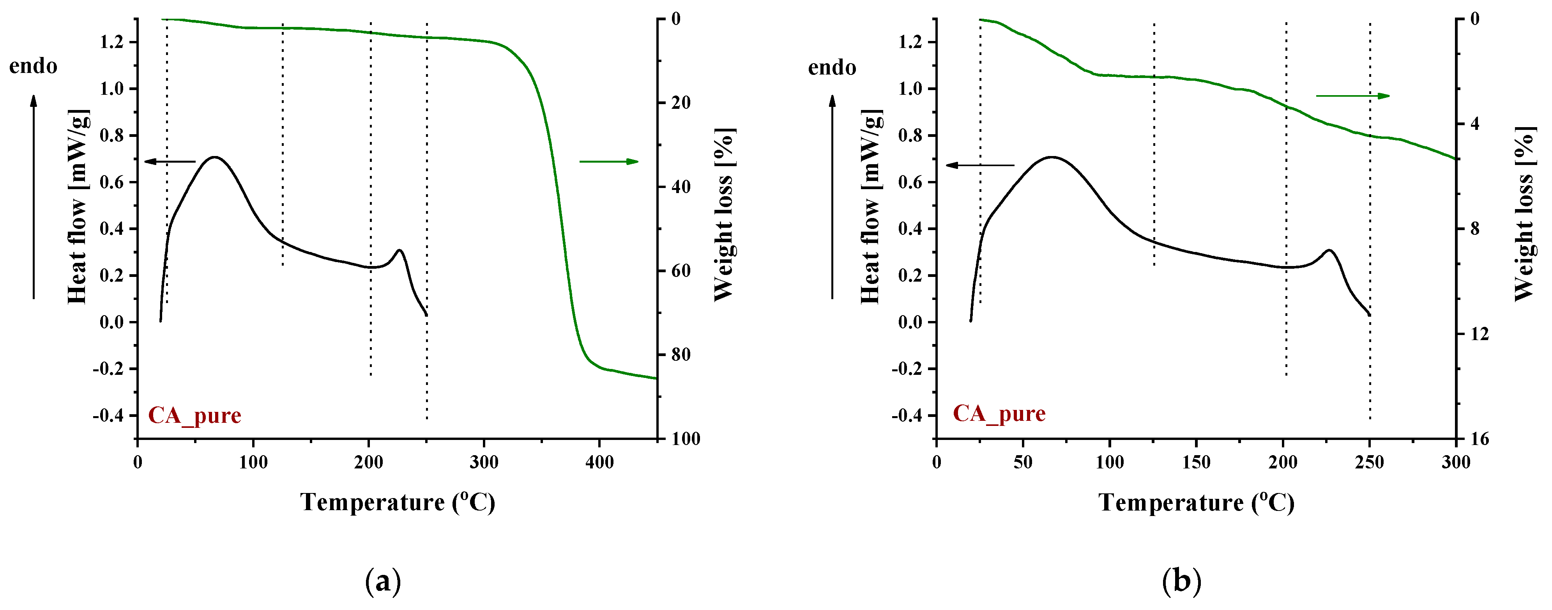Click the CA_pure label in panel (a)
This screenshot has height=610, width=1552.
194,415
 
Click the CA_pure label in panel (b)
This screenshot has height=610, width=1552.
999,413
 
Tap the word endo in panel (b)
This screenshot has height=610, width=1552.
832,67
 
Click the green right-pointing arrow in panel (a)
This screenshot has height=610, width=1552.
608,161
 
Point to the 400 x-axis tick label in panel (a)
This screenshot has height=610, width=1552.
599,462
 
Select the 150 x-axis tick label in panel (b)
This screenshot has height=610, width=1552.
1196,462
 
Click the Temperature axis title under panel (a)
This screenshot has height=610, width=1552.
398,502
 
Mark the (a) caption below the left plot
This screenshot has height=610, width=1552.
383,582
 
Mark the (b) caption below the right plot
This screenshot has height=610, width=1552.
1181,582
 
